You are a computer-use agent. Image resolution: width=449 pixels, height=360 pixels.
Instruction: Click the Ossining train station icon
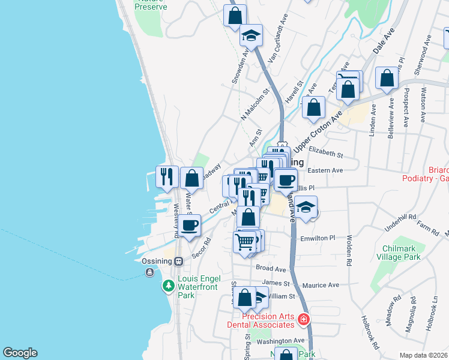(178, 262)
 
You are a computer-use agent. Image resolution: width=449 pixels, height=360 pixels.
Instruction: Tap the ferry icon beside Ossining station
(149, 272)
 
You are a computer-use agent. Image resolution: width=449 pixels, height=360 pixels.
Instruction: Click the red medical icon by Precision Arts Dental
(305, 319)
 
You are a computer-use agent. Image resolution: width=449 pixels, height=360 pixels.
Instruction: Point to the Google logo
(20, 353)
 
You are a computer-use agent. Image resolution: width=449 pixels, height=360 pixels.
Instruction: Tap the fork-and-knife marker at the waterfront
(167, 176)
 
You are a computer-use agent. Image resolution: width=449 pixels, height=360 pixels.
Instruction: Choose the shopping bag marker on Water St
(191, 178)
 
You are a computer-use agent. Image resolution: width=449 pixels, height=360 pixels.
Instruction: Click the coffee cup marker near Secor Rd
(190, 226)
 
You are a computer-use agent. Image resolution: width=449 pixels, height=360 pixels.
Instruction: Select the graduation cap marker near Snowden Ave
(251, 35)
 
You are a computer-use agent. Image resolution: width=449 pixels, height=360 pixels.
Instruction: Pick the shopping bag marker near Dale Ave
(387, 77)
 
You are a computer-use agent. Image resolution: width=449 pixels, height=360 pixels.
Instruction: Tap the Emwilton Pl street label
(319, 238)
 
